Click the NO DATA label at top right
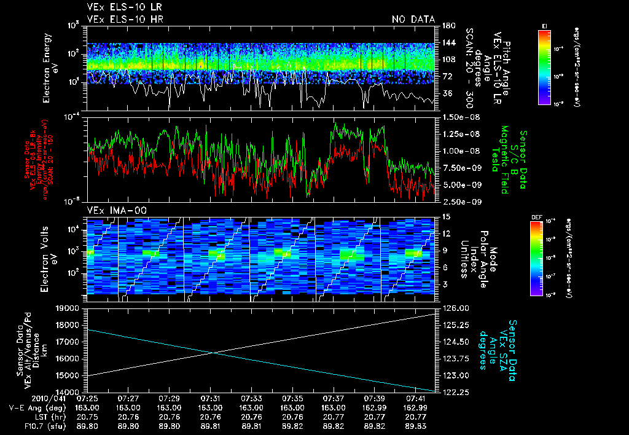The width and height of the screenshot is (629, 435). pyautogui.click(x=413, y=20)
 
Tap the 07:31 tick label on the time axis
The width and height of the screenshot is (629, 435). pyautogui.click(x=210, y=398)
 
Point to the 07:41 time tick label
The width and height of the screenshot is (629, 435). pyautogui.click(x=416, y=398)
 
